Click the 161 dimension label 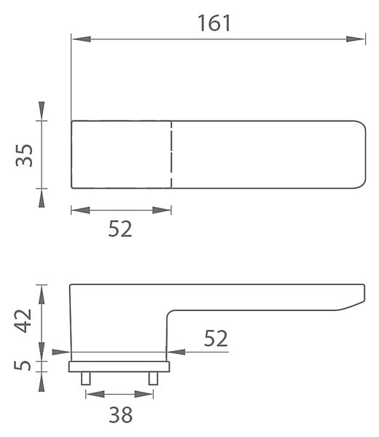pos(214,23)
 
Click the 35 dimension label pos(24,155)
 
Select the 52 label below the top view pos(120,229)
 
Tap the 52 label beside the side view pos(216,339)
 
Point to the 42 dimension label pos(23,320)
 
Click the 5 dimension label pos(23,366)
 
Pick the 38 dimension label pos(120,415)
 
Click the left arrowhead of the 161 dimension pos(81,39)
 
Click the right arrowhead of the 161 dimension pos(355,39)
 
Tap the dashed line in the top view pos(171,154)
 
